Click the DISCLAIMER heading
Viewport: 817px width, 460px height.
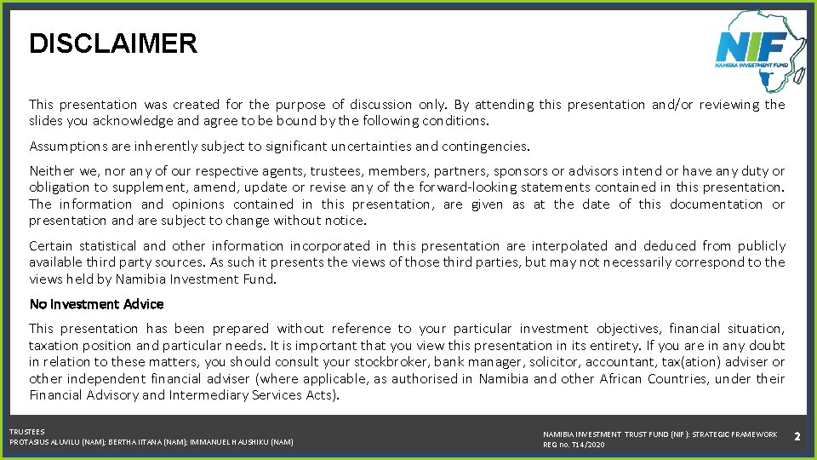click(113, 43)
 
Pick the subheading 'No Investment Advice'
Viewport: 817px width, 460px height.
click(96, 304)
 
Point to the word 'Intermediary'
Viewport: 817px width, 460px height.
click(209, 395)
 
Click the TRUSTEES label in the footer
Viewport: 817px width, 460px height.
click(26, 432)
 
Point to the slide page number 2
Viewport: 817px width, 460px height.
click(797, 436)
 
